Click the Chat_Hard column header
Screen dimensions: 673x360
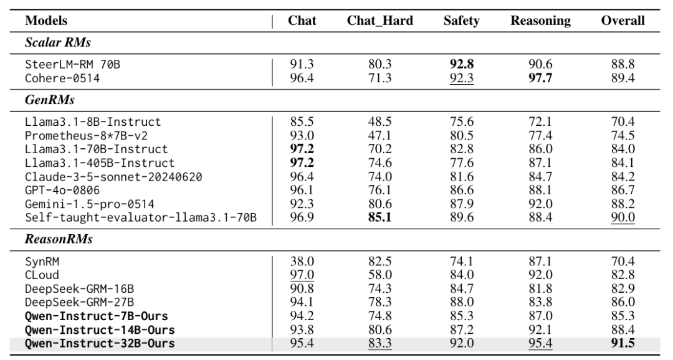[x=380, y=21]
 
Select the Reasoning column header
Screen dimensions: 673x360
[x=540, y=21]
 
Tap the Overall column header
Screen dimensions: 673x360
[x=623, y=21]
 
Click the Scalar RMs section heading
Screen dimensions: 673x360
[x=58, y=42]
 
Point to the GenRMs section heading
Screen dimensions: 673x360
[x=50, y=100]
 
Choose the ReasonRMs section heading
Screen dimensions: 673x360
[x=59, y=239]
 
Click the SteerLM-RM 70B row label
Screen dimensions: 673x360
[x=72, y=64]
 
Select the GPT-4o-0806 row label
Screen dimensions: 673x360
[x=62, y=190]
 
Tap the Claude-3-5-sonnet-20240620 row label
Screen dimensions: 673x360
[x=113, y=176]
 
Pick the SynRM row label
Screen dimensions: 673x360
[x=42, y=262]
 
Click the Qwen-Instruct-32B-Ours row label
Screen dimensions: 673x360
[x=100, y=343]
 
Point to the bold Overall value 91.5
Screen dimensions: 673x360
[x=623, y=343]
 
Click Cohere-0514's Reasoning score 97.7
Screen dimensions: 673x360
[x=540, y=78]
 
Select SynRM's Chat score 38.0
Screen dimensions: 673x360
[x=302, y=262]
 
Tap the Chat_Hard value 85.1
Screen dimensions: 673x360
[x=380, y=217]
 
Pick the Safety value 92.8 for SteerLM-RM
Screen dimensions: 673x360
[x=462, y=64]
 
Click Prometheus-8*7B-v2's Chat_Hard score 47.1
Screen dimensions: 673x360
[x=380, y=136]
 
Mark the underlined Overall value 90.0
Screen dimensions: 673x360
[x=623, y=217]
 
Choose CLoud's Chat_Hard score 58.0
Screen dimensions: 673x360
[x=380, y=275]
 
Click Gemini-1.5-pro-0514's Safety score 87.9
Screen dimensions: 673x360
[x=462, y=204]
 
